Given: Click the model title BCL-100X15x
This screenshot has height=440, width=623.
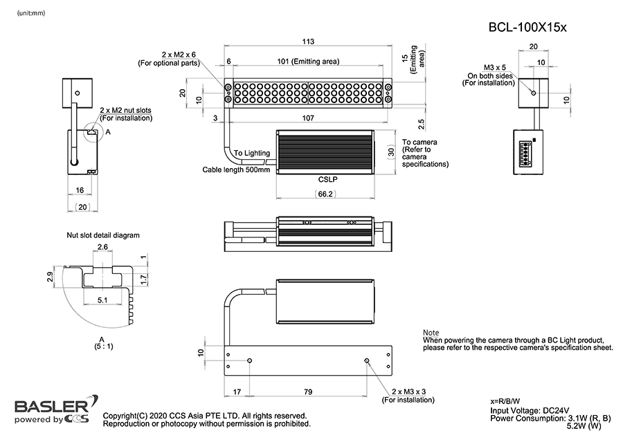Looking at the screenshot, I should coord(528,28).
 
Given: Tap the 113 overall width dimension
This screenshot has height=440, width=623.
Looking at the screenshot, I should coord(308,41).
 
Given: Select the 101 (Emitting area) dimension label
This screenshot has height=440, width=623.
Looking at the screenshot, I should coord(308,62).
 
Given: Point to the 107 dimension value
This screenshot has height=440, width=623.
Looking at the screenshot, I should coord(308,118).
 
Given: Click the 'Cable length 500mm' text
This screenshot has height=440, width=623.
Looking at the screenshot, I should coord(235,169).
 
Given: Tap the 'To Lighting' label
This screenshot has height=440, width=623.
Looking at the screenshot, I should coord(252,153).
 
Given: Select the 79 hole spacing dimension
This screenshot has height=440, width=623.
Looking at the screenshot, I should coord(308,392).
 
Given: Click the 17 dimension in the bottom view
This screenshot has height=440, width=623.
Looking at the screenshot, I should coord(237,392).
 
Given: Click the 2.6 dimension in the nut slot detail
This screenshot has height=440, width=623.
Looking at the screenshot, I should coord(102,246).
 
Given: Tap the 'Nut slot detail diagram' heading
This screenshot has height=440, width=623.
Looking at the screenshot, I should coord(103,235).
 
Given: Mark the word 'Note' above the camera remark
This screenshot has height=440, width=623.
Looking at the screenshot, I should coord(431,333).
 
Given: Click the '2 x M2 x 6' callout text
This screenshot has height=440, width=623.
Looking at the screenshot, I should coord(178,54).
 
